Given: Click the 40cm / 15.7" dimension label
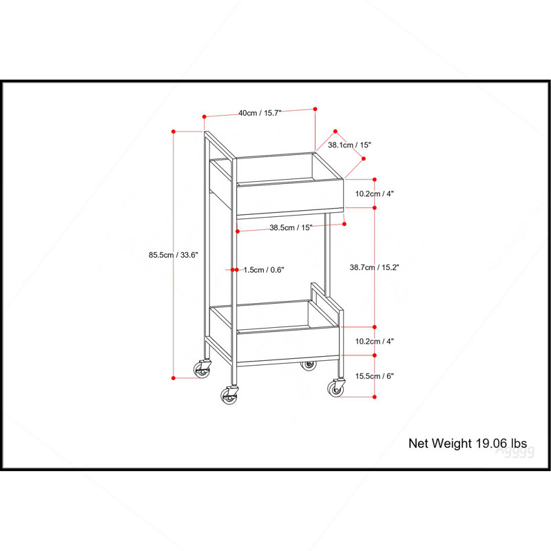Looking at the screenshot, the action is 260,113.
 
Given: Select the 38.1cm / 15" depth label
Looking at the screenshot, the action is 349,145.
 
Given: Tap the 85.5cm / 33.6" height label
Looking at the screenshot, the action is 174,255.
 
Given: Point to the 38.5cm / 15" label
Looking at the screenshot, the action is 291,227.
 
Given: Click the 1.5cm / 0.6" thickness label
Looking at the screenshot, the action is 264,270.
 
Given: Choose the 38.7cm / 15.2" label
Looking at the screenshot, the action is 374,267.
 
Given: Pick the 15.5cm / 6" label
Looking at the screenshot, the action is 374,376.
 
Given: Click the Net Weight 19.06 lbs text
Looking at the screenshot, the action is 468,444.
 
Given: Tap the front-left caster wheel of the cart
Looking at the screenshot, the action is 229,395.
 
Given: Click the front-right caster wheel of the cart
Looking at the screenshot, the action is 336,388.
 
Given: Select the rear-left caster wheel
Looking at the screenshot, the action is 202,368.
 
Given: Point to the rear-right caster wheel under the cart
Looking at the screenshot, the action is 308,366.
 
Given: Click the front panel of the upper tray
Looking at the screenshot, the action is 290,197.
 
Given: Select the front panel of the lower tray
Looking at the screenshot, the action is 288,345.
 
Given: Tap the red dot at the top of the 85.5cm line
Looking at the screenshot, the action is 174,132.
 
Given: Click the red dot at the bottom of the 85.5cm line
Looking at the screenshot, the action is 174,378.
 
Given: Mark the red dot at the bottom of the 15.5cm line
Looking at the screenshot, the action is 375,397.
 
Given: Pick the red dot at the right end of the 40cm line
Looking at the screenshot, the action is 315,110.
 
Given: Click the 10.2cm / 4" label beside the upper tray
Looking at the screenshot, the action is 374,194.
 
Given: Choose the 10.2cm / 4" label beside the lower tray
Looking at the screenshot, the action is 374,341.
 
